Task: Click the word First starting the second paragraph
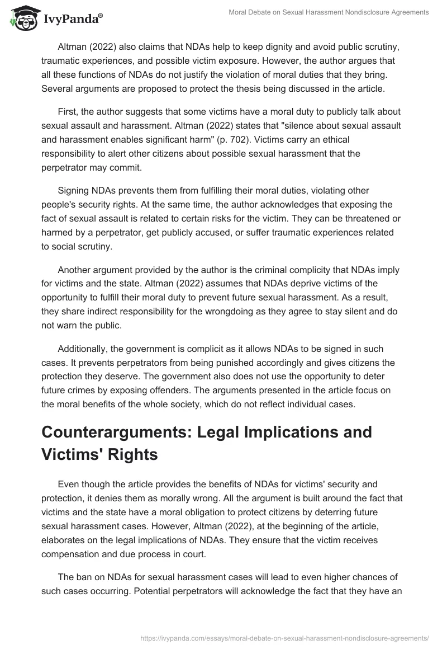click(68, 112)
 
